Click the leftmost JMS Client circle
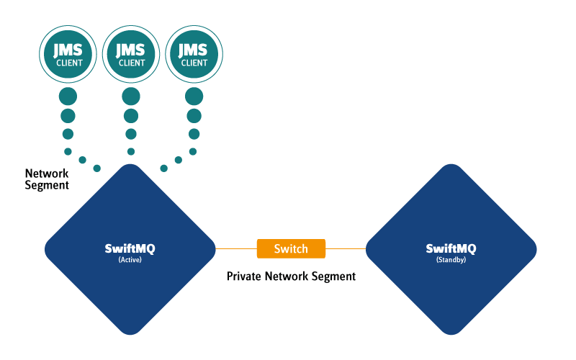(x=68, y=54)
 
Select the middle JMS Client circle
(x=131, y=54)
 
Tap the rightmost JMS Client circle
(x=194, y=54)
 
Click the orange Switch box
(x=291, y=249)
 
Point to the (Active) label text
(x=130, y=260)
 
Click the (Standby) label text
(x=451, y=260)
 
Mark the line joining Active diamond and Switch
(x=236, y=249)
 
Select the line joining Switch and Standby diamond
(x=346, y=249)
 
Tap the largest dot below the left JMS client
(x=68, y=96)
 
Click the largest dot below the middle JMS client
(x=131, y=96)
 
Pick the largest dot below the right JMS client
(x=194, y=96)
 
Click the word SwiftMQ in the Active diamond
(x=130, y=248)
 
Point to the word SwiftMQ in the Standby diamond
(x=451, y=248)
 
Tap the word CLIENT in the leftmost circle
(x=69, y=63)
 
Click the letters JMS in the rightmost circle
(x=194, y=50)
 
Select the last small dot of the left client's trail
(x=96, y=168)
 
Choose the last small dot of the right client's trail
(x=163, y=168)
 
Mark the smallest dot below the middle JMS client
(x=131, y=151)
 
